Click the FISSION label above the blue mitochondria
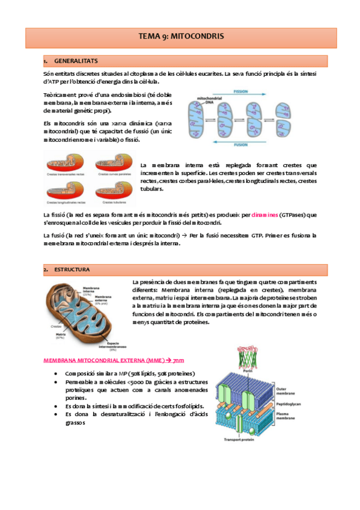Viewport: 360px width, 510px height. pyautogui.click(x=257, y=93)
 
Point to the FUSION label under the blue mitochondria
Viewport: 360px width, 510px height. pyautogui.click(x=257, y=145)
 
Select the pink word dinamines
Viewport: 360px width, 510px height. pyautogui.click(x=264, y=215)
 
